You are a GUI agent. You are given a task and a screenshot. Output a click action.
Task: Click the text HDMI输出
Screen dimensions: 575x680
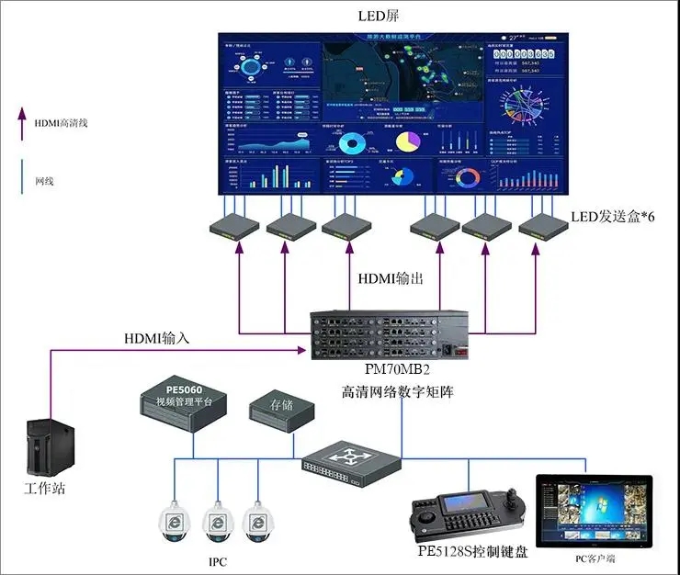coord(386,277)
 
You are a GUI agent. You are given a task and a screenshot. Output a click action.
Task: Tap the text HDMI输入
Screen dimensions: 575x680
coord(156,338)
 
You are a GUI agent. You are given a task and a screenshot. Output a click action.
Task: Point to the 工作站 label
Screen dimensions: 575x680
coord(44,488)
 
